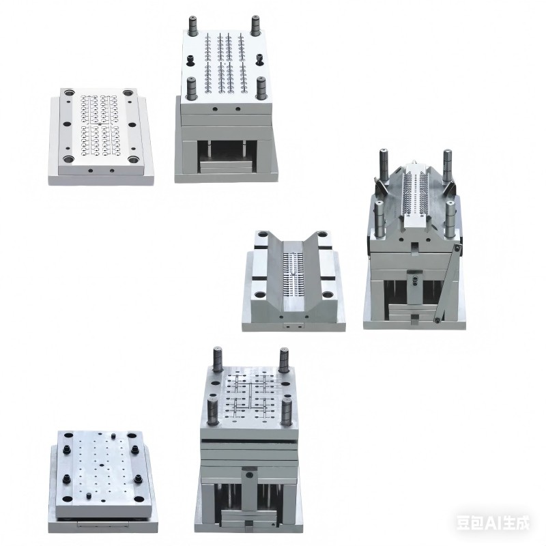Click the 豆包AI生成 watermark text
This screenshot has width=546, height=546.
(492, 523)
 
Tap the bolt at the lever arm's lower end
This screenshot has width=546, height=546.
(437, 319)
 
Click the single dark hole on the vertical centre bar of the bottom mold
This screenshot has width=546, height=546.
(249, 474)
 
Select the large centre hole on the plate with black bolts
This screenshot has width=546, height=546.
(102, 465)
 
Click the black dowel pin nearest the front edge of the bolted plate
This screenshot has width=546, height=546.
(89, 495)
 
